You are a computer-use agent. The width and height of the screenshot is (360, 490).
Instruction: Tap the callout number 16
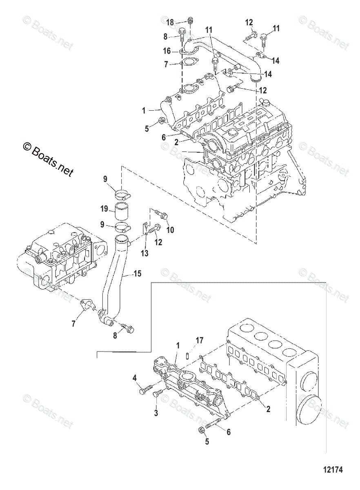tap(167, 51)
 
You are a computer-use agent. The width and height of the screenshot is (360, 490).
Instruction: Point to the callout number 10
tap(170, 230)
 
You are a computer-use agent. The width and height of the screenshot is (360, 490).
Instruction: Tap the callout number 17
tap(199, 340)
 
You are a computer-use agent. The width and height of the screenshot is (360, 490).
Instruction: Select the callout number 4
tap(134, 378)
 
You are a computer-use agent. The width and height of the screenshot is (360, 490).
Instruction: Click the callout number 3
tap(156, 413)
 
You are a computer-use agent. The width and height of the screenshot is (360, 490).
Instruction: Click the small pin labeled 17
tap(187, 354)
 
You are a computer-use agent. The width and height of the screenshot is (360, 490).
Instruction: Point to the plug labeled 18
tap(190, 20)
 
